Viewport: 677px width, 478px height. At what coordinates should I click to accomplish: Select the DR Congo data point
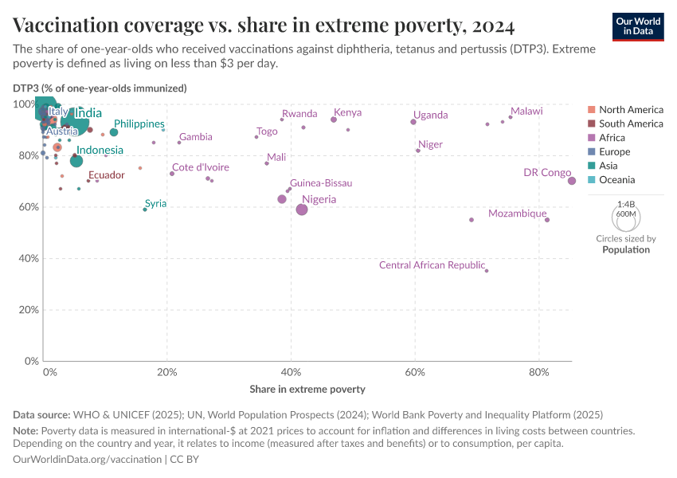click(x=572, y=181)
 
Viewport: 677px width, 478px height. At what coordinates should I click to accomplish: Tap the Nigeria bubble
click(x=302, y=210)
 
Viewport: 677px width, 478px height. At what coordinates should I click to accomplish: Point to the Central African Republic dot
click(x=487, y=271)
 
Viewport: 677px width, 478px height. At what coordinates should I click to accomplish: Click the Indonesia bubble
click(x=76, y=161)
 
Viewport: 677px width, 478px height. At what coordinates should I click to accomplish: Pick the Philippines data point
click(x=114, y=132)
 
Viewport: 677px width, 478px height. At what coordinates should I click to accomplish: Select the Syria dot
click(x=144, y=210)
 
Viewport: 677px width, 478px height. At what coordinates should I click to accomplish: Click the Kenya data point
click(x=334, y=119)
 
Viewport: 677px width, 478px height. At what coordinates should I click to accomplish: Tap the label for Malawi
click(x=526, y=112)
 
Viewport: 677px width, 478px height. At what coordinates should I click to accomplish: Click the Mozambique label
click(x=517, y=214)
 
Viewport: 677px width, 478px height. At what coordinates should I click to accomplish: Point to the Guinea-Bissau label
click(x=321, y=183)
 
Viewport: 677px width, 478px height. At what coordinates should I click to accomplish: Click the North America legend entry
click(x=630, y=109)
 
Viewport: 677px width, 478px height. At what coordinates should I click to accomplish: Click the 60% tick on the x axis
click(x=414, y=372)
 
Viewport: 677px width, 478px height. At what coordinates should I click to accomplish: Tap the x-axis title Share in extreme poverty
click(x=307, y=390)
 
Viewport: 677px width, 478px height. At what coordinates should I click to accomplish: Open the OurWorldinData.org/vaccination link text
click(x=87, y=460)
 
